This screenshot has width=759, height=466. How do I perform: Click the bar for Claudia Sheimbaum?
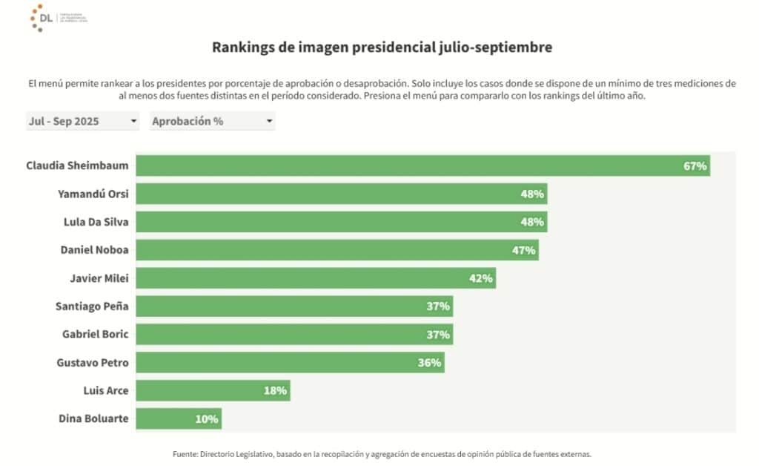(422, 165)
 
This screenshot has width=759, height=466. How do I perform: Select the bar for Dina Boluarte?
(179, 419)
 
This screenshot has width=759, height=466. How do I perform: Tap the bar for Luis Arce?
(213, 390)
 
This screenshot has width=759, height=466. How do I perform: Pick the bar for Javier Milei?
(316, 278)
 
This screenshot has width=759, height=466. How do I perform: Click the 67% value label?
(695, 165)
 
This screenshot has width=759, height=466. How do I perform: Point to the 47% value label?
(523, 250)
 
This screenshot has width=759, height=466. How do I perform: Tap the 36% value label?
(429, 363)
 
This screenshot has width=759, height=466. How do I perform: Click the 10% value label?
(207, 419)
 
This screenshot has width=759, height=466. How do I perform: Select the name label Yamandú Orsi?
(93, 194)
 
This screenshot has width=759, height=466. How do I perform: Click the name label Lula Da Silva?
(93, 222)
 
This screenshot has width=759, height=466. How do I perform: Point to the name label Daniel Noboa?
(94, 250)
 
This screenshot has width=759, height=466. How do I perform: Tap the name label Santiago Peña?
(92, 306)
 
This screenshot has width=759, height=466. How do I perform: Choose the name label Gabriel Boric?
(95, 334)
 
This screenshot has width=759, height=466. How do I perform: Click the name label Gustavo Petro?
(92, 363)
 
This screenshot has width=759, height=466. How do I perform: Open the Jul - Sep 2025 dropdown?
(82, 121)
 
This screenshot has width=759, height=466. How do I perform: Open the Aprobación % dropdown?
(212, 121)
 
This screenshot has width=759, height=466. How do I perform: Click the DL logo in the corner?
(41, 18)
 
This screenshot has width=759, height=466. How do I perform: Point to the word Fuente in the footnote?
(184, 454)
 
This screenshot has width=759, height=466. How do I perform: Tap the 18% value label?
(275, 390)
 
